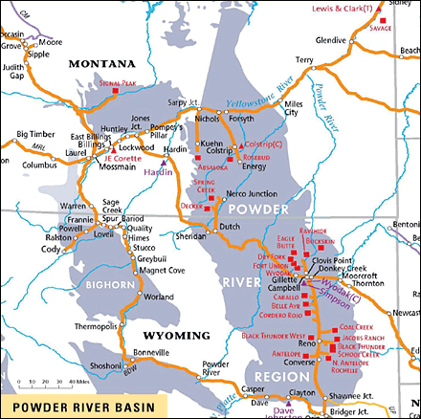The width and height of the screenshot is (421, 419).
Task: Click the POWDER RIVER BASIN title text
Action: [x=78, y=406]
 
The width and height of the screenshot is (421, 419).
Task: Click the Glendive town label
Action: [x=331, y=40]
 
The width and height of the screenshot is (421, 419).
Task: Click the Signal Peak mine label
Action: [x=130, y=84]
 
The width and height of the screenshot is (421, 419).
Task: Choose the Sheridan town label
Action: [x=191, y=235]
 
